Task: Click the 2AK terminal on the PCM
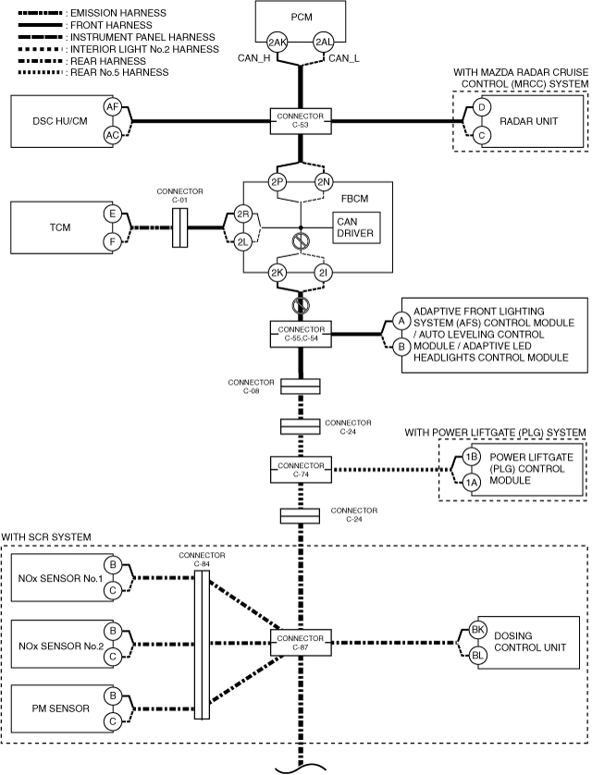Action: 277,43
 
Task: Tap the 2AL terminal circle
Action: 324,43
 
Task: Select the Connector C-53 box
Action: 301,120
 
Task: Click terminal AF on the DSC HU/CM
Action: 113,106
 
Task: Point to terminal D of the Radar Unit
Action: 482,107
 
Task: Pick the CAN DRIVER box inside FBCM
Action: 357,228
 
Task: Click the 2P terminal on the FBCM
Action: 277,182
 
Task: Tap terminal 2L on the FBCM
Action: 242,242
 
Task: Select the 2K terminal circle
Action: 277,272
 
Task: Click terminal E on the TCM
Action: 113,214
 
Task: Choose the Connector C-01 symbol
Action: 179,228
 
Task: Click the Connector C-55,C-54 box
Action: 301,334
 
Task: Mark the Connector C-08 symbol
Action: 301,387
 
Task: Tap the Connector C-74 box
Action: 301,470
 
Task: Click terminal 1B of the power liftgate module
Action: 471,457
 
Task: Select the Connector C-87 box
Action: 301,643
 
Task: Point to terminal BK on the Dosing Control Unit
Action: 477,630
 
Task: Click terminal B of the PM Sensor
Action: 113,695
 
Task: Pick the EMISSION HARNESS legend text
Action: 118,13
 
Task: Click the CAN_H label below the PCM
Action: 254,58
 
